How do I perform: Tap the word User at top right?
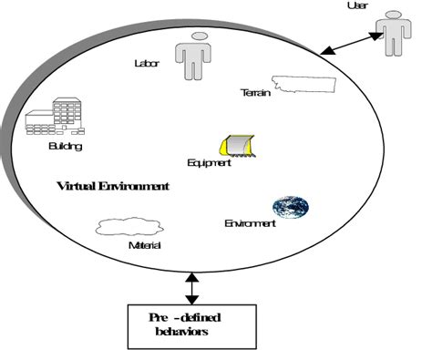tap(357, 6)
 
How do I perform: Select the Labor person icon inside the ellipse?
tap(193, 56)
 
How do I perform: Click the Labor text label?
tap(146, 63)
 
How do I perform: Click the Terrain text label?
tap(255, 93)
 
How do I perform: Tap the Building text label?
tap(65, 146)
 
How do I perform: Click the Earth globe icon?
tap(290, 206)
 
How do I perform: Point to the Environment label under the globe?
tap(250, 223)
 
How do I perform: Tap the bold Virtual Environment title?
tap(112, 186)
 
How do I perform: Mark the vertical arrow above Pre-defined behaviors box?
tap(190, 287)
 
